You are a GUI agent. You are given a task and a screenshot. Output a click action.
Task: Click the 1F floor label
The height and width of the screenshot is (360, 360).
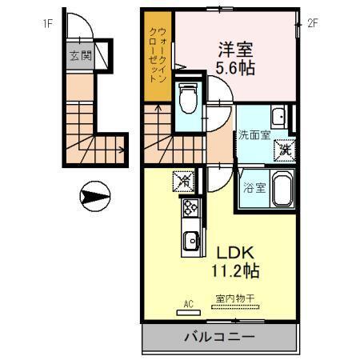pyautogui.click(x=48, y=24)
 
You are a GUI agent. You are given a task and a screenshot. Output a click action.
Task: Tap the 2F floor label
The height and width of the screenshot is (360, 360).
pyautogui.click(x=314, y=24)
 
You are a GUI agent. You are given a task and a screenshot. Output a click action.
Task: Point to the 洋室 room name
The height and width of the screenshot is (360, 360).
pyautogui.click(x=234, y=49)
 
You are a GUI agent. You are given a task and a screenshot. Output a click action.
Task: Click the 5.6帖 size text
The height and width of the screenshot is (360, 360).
pyautogui.click(x=234, y=68)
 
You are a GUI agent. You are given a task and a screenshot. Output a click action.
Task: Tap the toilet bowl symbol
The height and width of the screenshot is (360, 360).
pyautogui.click(x=190, y=99)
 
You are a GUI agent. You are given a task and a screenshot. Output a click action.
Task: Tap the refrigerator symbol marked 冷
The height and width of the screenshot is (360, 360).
pyautogui.click(x=183, y=181)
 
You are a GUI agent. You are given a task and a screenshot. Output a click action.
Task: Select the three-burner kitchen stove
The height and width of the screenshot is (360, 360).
pyautogui.click(x=192, y=209)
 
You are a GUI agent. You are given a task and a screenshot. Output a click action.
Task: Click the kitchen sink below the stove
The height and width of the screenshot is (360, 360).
pyautogui.click(x=192, y=241)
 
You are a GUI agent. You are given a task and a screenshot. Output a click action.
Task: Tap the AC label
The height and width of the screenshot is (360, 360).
pyautogui.click(x=190, y=303)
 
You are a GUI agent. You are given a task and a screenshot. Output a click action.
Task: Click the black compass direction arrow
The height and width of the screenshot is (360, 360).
pyautogui.click(x=94, y=195)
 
